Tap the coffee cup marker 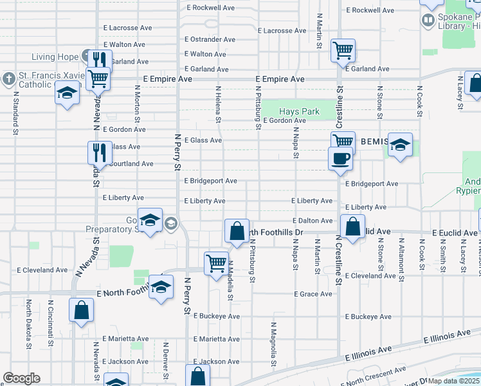point(340,158)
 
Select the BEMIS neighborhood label point(374,142)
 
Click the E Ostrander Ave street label point(213,39)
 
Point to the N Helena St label point(219,105)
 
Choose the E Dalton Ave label point(313,221)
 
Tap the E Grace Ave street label point(313,294)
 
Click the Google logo point(21,378)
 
